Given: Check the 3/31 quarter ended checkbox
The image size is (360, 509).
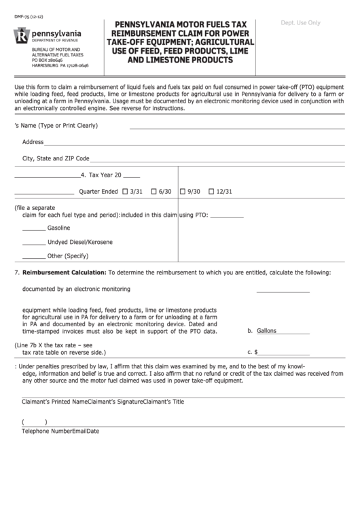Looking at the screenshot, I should click(x=124, y=192).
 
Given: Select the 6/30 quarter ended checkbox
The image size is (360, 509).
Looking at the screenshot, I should click(x=154, y=192).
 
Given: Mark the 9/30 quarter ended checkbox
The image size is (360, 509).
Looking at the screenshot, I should click(x=183, y=192).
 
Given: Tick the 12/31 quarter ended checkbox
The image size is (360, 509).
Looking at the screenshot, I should click(x=212, y=192).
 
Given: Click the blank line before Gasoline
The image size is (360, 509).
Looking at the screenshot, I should click(x=34, y=229).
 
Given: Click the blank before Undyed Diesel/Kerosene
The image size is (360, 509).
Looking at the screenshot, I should click(x=34, y=243).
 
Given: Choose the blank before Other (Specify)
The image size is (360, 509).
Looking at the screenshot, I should click(x=34, y=258).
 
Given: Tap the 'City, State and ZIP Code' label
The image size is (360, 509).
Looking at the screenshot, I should click(x=56, y=158).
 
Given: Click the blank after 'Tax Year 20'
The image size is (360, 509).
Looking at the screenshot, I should click(x=132, y=176).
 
